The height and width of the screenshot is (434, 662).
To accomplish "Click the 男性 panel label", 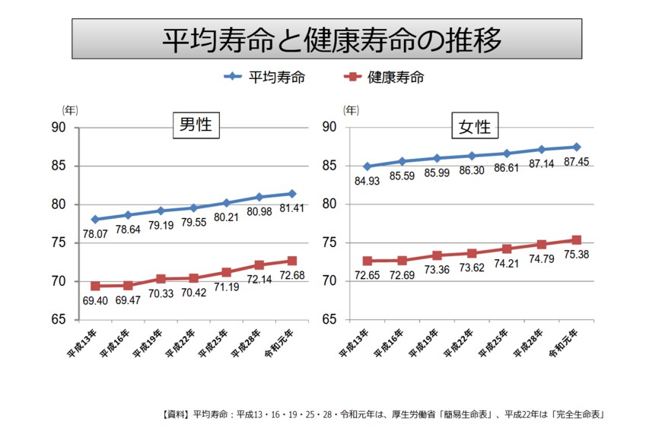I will pyautogui.click(x=196, y=125).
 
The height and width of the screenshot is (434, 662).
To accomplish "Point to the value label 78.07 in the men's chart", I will pyautogui.click(x=95, y=236).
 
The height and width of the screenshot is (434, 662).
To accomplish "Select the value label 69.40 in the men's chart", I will pyautogui.click(x=95, y=302).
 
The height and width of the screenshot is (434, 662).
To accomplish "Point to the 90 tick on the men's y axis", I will pyautogui.click(x=59, y=128).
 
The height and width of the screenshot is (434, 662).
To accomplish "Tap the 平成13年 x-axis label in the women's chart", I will pyautogui.click(x=355, y=347).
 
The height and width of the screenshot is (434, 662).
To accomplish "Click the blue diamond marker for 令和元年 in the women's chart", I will pyautogui.click(x=576, y=147).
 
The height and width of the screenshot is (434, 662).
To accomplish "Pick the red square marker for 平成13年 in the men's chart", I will pyautogui.click(x=95, y=286).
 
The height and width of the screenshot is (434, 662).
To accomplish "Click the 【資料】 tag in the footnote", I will pyautogui.click(x=177, y=414).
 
